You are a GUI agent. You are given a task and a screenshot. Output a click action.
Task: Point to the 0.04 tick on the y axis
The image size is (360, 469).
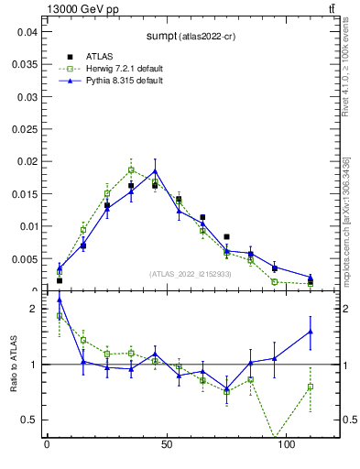(x=27, y=31)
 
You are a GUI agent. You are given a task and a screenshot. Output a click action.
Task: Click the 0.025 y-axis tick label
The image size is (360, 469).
(x=24, y=96)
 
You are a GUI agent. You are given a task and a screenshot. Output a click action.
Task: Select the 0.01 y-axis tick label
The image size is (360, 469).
(x=27, y=226)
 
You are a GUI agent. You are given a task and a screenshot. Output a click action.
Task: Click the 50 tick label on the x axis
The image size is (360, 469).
(x=167, y=445)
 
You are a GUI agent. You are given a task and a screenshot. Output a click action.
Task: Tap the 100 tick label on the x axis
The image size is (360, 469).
(x=287, y=445)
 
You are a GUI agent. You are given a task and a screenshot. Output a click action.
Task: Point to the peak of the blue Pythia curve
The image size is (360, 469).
(x=155, y=171)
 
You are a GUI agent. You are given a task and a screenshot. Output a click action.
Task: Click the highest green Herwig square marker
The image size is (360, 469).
(x=131, y=169)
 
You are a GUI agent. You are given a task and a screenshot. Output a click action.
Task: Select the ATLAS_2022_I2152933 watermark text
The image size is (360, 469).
(x=191, y=274)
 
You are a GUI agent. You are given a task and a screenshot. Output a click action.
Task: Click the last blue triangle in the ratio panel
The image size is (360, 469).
(x=311, y=332)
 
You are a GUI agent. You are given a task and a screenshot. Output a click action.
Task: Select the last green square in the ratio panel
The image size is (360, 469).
(x=311, y=387)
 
